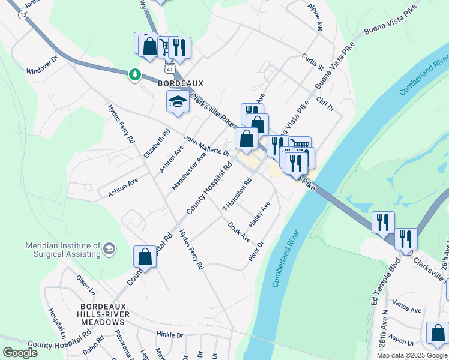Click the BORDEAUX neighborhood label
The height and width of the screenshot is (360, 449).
click(x=181, y=84)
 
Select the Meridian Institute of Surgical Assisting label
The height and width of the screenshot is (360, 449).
click(x=63, y=250)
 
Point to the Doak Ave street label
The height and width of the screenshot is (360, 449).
click(x=240, y=232)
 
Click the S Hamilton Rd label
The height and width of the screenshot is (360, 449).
click(x=237, y=195)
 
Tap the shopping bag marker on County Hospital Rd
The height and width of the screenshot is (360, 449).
click(x=145, y=257)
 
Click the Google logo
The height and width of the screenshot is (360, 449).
click(x=20, y=353)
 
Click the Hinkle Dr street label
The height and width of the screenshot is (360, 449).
click(x=169, y=333)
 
